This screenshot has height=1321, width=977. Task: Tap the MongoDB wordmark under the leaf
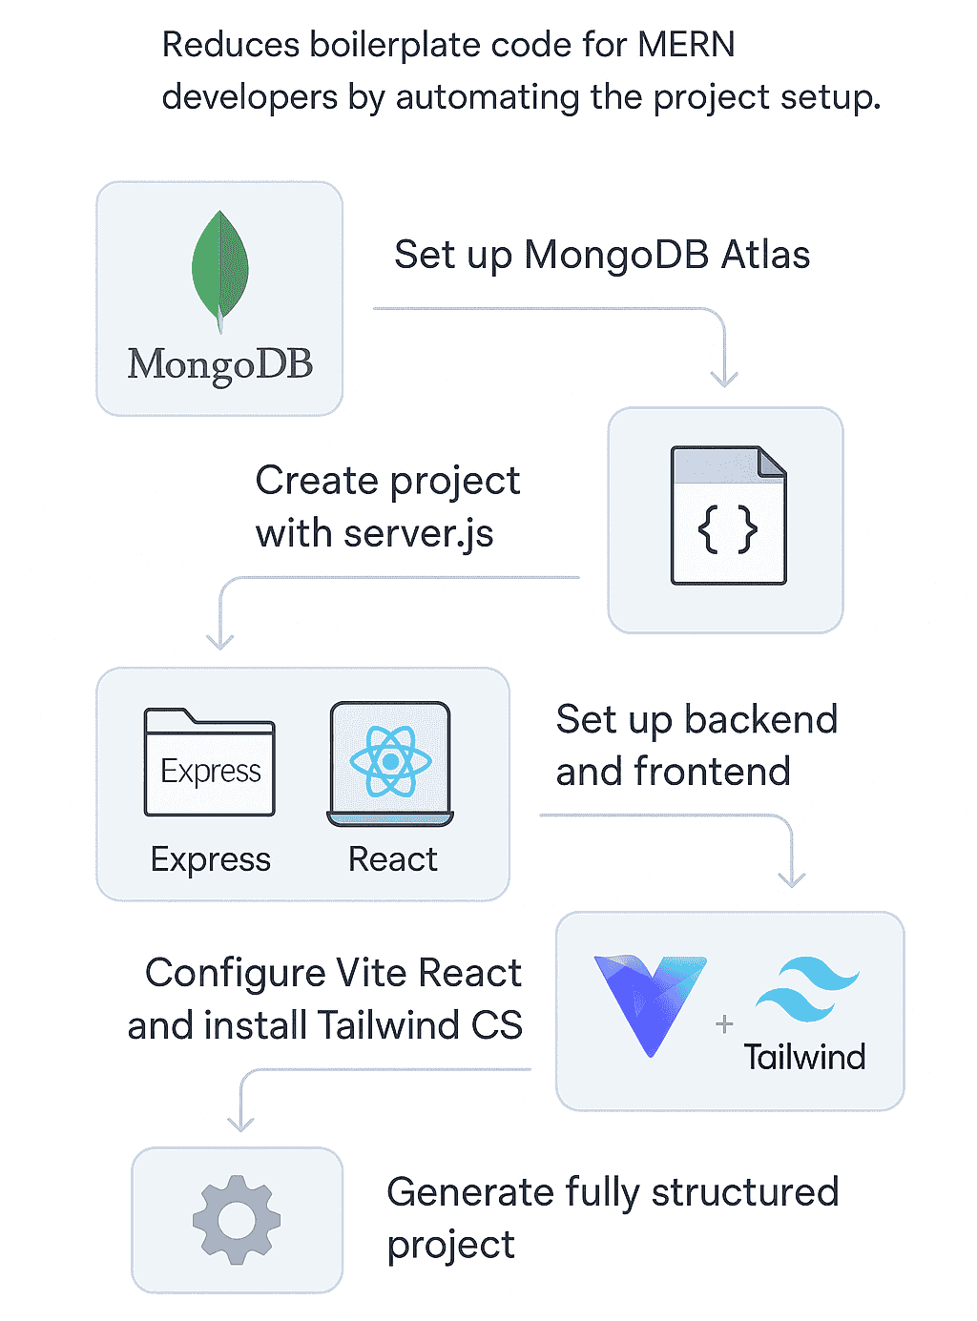219,364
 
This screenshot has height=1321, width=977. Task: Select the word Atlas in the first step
764,255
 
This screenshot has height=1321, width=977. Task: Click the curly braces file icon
728,515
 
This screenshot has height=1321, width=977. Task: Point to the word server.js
418,533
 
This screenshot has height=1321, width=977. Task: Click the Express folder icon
209,761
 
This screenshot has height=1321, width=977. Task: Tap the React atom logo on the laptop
390,760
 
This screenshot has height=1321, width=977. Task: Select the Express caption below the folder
210,858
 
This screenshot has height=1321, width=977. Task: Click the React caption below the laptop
392,858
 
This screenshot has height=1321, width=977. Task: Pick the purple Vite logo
650,1005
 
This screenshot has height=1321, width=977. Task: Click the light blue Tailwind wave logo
806,989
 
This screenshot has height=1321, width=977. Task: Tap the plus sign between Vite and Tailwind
724,1023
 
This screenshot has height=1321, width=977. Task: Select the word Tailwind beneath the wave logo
804,1057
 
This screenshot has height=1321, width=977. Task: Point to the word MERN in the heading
686,45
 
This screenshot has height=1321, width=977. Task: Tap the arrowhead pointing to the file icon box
724,380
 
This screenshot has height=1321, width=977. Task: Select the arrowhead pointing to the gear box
240,1124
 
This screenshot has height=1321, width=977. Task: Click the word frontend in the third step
712,772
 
